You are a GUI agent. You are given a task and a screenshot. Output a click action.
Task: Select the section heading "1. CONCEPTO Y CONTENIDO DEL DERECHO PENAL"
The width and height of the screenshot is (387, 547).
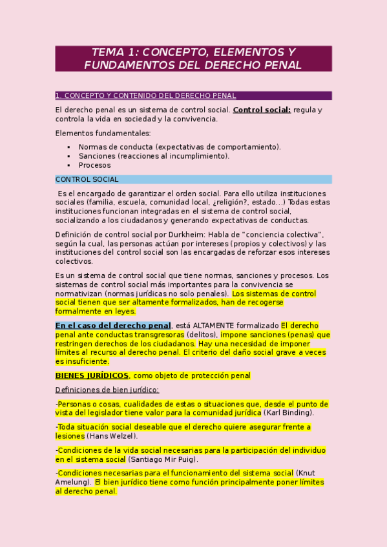pyautogui.click(x=145, y=95)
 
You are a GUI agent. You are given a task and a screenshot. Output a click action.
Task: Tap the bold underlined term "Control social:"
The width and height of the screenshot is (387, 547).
pyautogui.click(x=262, y=110)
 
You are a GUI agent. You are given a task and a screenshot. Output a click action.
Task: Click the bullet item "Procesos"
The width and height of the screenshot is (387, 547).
pyautogui.click(x=94, y=165)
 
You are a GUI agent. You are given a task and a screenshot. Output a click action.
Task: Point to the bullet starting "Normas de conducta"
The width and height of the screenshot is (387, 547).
pyautogui.click(x=180, y=147)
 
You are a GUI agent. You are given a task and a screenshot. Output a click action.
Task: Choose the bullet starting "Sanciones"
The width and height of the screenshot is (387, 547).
pyautogui.click(x=154, y=156)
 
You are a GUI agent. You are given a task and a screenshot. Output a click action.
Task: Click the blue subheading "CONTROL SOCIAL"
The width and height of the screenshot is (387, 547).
pyautogui.click(x=87, y=179)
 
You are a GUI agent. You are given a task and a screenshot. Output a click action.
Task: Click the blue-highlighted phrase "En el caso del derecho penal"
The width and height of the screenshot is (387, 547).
pyautogui.click(x=113, y=326)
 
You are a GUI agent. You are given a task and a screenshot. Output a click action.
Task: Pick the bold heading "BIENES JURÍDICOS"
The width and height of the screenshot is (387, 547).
pyautogui.click(x=92, y=375)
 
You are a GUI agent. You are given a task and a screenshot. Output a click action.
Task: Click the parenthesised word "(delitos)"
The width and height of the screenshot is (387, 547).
pyautogui.click(x=202, y=335)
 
